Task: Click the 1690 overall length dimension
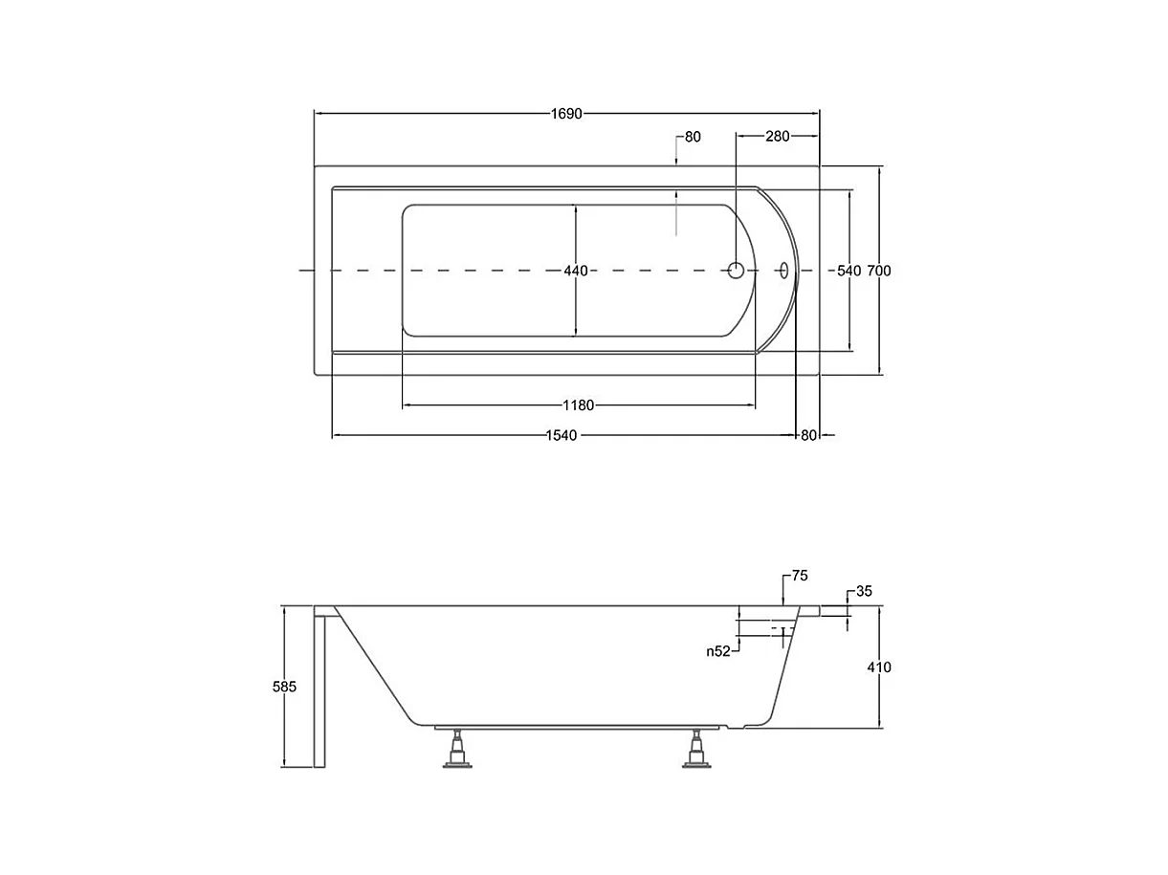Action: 566,114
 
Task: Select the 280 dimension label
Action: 778,137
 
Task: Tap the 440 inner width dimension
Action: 576,272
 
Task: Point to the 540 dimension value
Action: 848,272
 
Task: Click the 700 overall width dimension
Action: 879,272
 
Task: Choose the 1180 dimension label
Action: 579,405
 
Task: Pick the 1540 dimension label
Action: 562,436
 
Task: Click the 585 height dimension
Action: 285,687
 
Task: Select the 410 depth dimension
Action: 879,667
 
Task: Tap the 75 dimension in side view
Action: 800,576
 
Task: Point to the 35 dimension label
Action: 864,592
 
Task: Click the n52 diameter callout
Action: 718,651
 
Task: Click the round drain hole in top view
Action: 736,271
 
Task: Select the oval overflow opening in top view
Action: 784,271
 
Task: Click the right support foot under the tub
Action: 697,750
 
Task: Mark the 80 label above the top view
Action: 693,137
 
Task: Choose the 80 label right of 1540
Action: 808,436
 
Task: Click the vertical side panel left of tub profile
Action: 321,687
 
